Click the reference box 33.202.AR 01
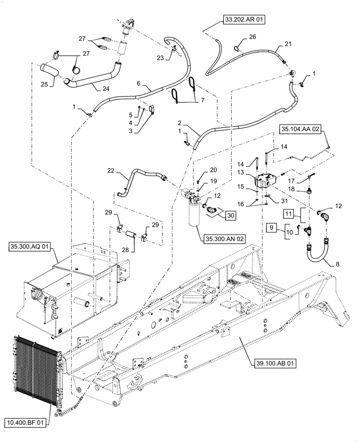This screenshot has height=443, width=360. (242, 19)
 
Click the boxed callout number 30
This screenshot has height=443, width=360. (230, 216)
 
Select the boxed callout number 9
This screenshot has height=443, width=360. (272, 228)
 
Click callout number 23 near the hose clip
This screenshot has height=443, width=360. (160, 57)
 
